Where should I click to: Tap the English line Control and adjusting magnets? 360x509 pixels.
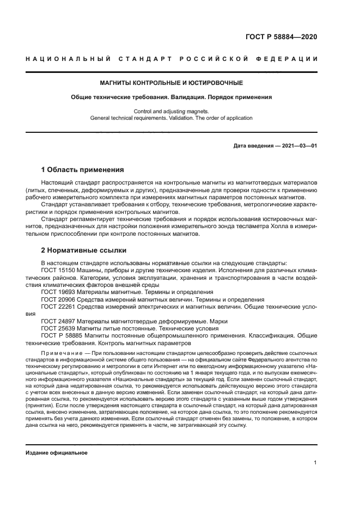[171, 111]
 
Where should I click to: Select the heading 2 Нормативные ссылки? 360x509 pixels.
[84, 250]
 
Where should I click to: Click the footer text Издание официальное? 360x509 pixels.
[57, 452]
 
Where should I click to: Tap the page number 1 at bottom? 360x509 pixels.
[315, 463]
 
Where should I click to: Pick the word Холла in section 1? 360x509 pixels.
[257, 226]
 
